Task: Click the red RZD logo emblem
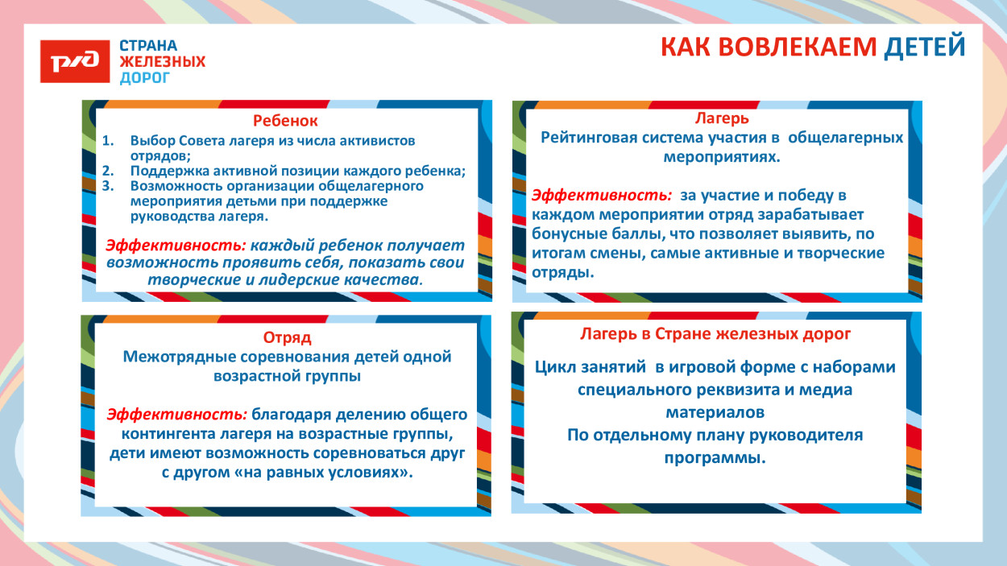(75, 61)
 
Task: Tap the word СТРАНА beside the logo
(148, 46)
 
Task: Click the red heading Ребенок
(285, 121)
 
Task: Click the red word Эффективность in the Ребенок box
(176, 246)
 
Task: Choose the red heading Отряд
(287, 337)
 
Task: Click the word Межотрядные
(177, 357)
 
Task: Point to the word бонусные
(566, 234)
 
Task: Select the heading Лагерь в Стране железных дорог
(715, 333)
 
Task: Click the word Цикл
(553, 367)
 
